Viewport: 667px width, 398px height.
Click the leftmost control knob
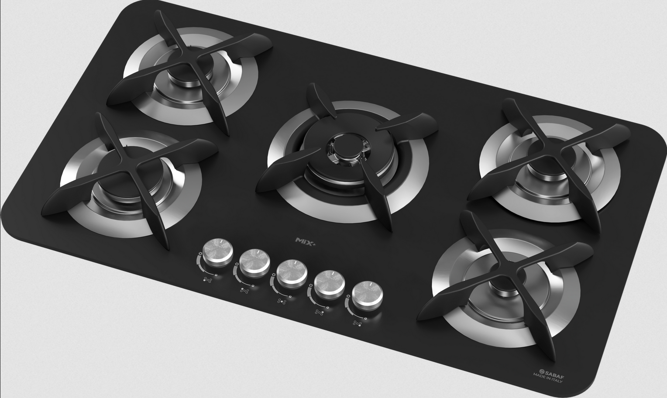click(x=218, y=253)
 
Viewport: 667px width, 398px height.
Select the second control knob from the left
click(x=254, y=264)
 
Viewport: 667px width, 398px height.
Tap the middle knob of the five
click(x=292, y=274)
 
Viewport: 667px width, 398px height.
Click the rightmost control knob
click(x=367, y=295)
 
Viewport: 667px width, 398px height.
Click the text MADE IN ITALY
click(x=548, y=377)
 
